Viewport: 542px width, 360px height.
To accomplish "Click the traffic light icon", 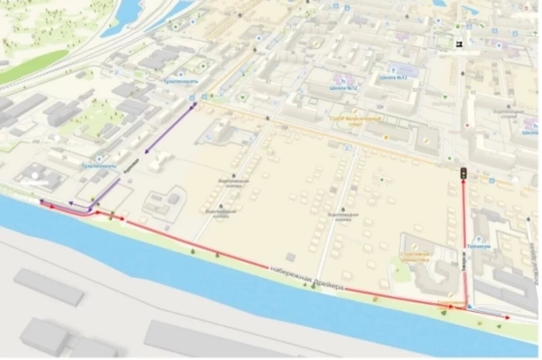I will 463,173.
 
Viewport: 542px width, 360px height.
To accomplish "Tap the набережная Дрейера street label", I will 307,278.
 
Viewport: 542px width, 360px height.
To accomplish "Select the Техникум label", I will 478,247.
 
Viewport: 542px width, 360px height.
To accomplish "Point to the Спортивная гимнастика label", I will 415,257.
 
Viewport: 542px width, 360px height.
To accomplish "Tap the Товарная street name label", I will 464,262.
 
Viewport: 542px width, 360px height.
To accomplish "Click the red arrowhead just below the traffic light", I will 463,182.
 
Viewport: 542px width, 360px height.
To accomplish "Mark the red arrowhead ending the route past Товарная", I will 508,318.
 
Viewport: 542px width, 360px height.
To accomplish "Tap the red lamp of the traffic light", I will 463,170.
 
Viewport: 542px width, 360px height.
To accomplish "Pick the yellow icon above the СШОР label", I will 355,111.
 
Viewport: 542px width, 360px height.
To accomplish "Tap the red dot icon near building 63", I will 467,125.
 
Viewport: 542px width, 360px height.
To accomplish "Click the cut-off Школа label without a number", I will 530,133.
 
